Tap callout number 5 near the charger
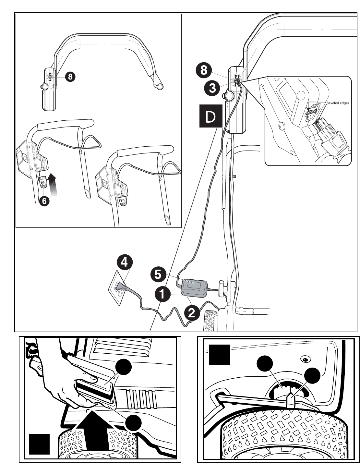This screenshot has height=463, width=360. (157, 275)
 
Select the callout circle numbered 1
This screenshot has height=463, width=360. (163, 295)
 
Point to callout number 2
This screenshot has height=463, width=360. (192, 312)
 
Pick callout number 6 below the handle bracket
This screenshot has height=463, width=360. (44, 201)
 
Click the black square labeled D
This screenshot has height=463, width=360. (210, 116)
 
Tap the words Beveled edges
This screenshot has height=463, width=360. (338, 103)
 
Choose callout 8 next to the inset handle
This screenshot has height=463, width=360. (70, 77)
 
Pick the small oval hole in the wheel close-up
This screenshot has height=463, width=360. (305, 359)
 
